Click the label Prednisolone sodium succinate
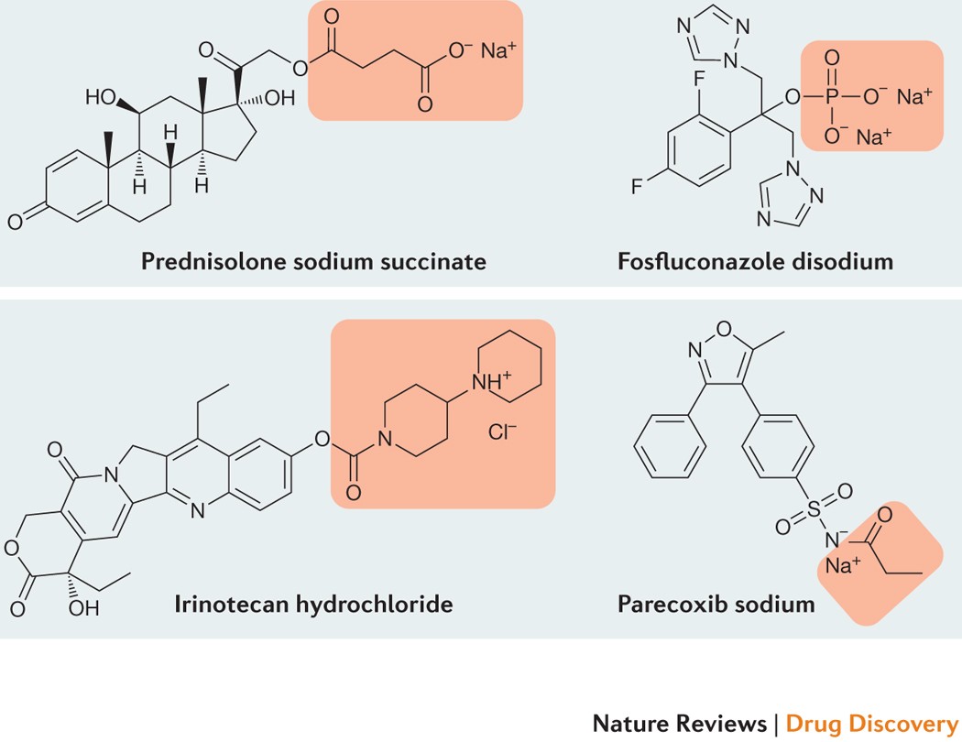313,261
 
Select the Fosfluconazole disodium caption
755,261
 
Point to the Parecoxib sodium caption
716,605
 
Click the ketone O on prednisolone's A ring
15,221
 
